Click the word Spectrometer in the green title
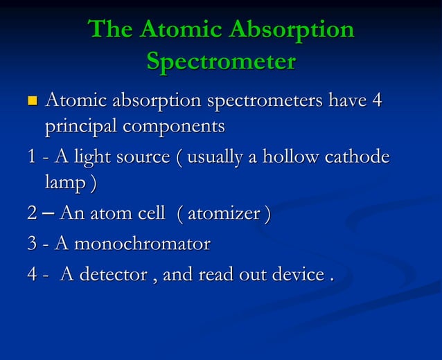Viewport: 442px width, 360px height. pos(221,62)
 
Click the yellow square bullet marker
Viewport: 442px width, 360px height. pos(30,102)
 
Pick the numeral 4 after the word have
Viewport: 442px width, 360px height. pos(377,101)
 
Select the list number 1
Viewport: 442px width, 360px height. pos(31,157)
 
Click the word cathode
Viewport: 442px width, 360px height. pos(357,157)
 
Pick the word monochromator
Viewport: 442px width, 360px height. pos(141,244)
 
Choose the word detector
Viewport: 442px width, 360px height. pos(113,274)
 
